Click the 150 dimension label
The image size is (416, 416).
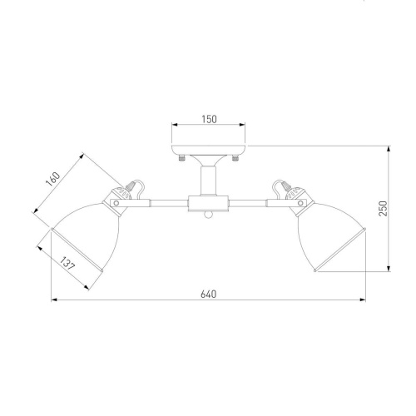click(209, 119)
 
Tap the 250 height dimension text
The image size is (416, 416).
click(383, 209)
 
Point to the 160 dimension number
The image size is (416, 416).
click(52, 179)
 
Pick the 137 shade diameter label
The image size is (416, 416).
click(67, 264)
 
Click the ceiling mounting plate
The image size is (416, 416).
click(209, 150)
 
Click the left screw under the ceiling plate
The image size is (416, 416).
click(181, 158)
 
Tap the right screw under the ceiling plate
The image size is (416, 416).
click(235, 158)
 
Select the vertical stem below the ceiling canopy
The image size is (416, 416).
click(209, 181)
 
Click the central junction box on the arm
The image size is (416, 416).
click(208, 204)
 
